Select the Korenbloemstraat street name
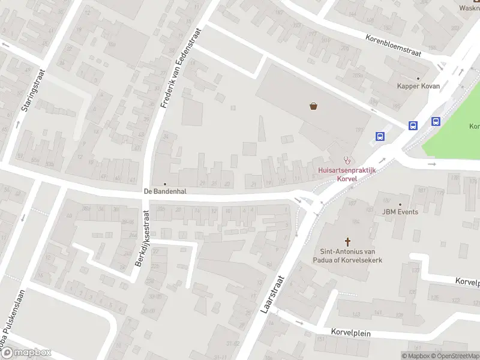pyautogui.click(x=394, y=46)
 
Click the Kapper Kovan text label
pyautogui.click(x=418, y=86)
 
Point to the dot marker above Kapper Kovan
pyautogui.click(x=418, y=78)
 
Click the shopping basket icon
pyautogui.click(x=314, y=107)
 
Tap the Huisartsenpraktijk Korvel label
pyautogui.click(x=346, y=174)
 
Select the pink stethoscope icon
pyautogui.click(x=346, y=160)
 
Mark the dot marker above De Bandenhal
pyautogui.click(x=164, y=184)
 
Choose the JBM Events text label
pyautogui.click(x=400, y=212)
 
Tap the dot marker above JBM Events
pyautogui.click(x=400, y=204)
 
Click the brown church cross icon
pyautogui.click(x=347, y=241)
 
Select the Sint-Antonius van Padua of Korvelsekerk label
pyautogui.click(x=347, y=256)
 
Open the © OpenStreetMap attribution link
pyautogui.click(x=454, y=356)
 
